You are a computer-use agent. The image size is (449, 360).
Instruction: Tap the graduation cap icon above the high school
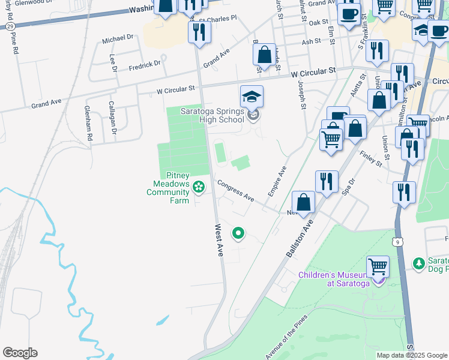(x=252, y=97)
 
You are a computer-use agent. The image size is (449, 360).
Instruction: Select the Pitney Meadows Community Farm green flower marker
(x=197, y=188)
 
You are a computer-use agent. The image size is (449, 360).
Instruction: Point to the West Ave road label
(x=219, y=241)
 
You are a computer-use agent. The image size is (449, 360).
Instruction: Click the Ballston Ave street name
(x=300, y=237)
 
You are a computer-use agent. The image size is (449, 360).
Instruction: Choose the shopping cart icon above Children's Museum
(x=378, y=266)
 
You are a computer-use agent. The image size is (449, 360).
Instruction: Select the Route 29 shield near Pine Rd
(x=10, y=28)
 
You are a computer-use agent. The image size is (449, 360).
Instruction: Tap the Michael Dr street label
(x=117, y=39)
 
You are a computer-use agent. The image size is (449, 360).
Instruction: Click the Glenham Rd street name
(x=88, y=127)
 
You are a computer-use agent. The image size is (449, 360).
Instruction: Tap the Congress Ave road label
(x=236, y=190)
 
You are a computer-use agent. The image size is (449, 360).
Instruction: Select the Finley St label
(x=371, y=157)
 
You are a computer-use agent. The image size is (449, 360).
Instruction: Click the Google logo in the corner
(x=20, y=353)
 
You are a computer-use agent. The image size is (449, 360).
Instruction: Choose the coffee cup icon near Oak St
(x=348, y=14)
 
